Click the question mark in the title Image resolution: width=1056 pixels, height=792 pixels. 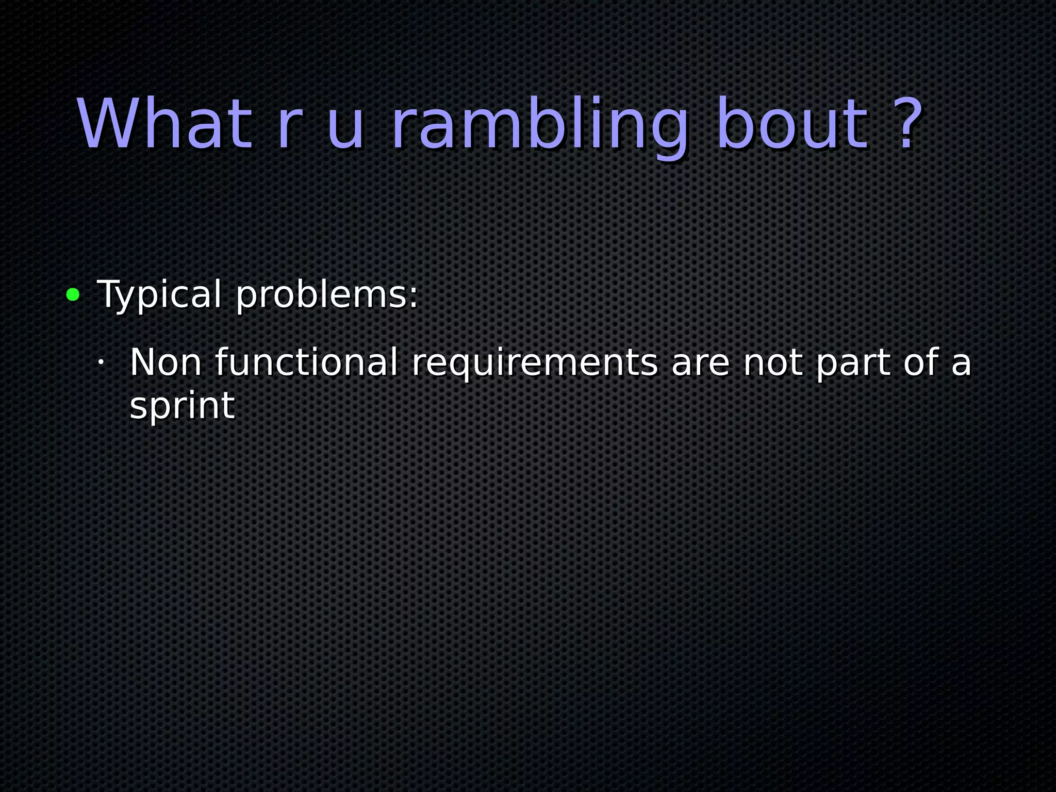click(904, 124)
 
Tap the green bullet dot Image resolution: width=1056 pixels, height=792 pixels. click(73, 295)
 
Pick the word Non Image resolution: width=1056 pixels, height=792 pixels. click(166, 362)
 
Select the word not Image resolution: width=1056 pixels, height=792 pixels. click(772, 363)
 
